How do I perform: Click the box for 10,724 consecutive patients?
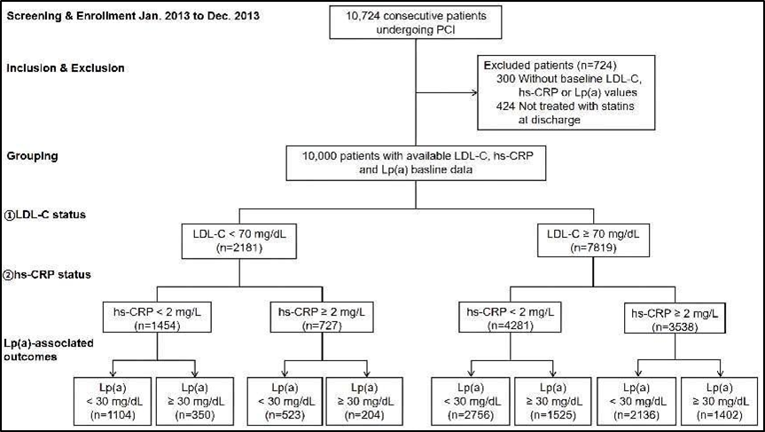416,22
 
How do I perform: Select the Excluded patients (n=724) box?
566,92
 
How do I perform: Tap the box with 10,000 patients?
416,163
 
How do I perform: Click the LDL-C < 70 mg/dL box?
239,240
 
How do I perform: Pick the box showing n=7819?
593,240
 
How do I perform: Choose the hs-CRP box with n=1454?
157,318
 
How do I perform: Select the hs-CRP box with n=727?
322,318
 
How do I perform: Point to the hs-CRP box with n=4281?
511,318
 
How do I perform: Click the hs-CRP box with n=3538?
675,319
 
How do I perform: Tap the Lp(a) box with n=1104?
113,401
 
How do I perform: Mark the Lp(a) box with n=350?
195,401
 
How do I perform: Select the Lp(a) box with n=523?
285,401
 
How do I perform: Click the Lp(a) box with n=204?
364,401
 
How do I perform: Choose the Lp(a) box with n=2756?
471,401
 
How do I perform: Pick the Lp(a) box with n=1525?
553,401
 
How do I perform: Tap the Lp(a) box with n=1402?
719,401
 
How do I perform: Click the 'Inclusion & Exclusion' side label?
66,68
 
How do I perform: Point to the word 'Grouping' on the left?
32,157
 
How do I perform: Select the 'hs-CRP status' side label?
47,274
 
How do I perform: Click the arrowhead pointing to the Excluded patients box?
474,93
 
